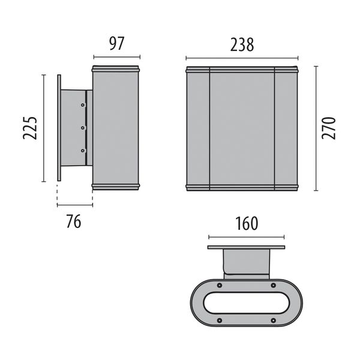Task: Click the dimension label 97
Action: (116, 44)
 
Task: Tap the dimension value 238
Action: (242, 45)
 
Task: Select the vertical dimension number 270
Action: (329, 128)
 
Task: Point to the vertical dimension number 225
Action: (30, 128)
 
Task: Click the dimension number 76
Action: (74, 221)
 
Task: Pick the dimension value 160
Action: (247, 223)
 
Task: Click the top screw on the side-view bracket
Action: (83, 105)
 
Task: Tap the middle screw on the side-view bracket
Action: (83, 127)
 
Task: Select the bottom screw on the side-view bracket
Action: (83, 151)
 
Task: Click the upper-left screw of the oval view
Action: (220, 286)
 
